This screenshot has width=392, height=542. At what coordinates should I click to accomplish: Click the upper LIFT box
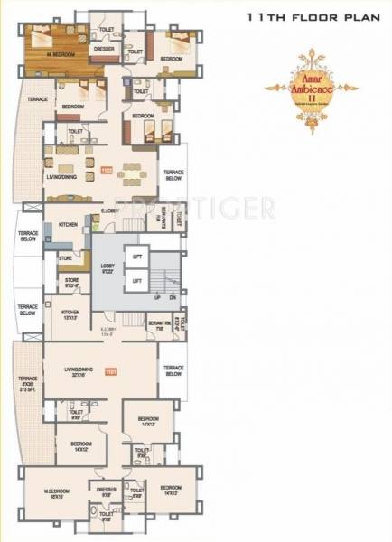tap(138, 257)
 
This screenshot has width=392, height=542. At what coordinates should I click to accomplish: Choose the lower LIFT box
tap(138, 282)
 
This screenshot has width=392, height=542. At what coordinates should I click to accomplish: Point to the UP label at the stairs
tap(157, 297)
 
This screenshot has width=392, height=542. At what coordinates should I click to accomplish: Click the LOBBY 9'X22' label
tap(107, 268)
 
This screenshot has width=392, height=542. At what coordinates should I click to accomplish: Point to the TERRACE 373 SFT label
tap(27, 383)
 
